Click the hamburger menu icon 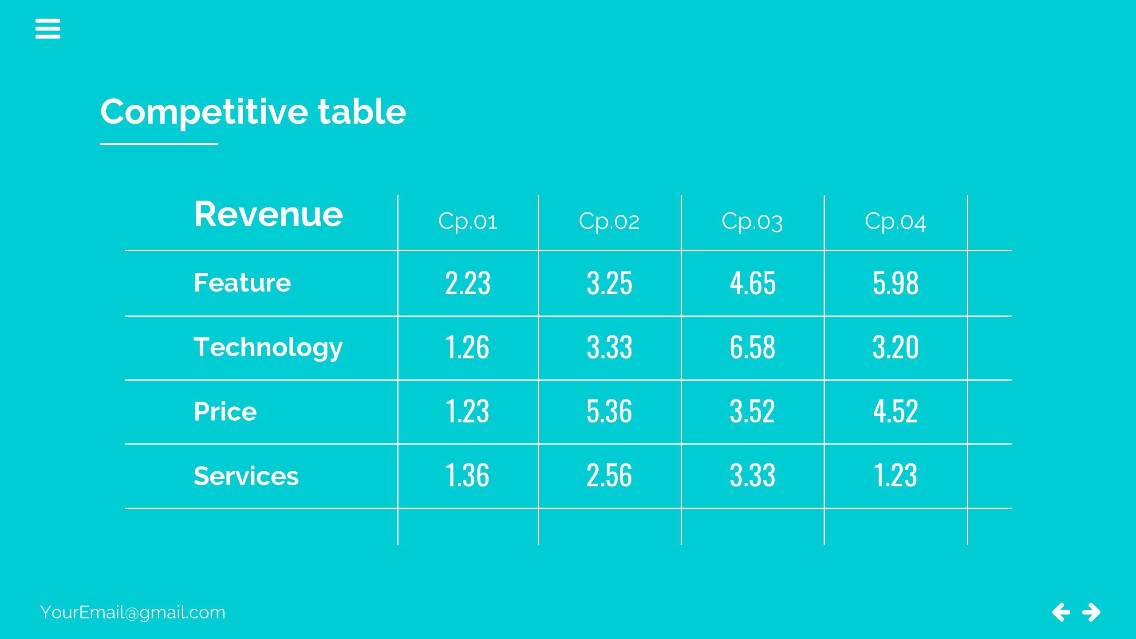pyautogui.click(x=48, y=28)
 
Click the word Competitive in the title pyautogui.click(x=204, y=112)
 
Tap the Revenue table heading pyautogui.click(x=268, y=214)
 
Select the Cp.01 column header pyautogui.click(x=468, y=221)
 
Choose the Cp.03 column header pyautogui.click(x=752, y=221)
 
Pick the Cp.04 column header pyautogui.click(x=895, y=221)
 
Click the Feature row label pyautogui.click(x=242, y=283)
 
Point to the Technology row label pyautogui.click(x=268, y=347)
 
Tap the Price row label pyautogui.click(x=225, y=411)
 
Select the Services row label pyautogui.click(x=246, y=476)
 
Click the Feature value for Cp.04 pyautogui.click(x=895, y=283)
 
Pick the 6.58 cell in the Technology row pyautogui.click(x=753, y=347)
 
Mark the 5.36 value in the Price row pyautogui.click(x=609, y=411)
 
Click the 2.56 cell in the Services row pyautogui.click(x=609, y=475)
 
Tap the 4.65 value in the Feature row pyautogui.click(x=753, y=283)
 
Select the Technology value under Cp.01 pyautogui.click(x=467, y=347)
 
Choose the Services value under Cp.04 pyautogui.click(x=895, y=475)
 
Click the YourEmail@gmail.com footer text pyautogui.click(x=133, y=612)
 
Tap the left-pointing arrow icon pyautogui.click(x=1061, y=612)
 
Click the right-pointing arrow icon pyautogui.click(x=1091, y=612)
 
